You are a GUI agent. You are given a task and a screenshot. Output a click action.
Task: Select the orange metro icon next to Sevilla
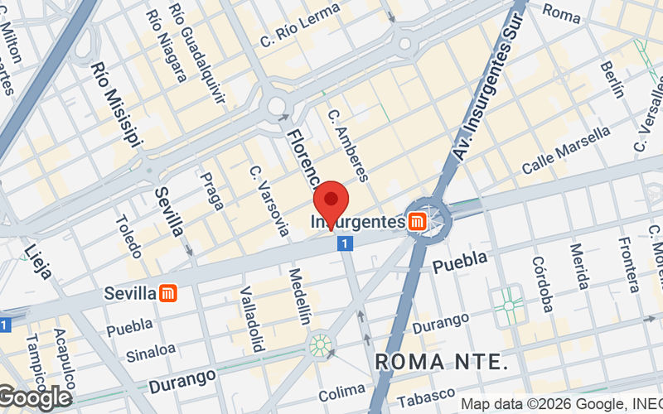(168, 293)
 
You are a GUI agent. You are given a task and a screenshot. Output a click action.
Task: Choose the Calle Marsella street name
(566, 150)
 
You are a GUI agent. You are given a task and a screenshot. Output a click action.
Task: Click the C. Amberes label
(347, 146)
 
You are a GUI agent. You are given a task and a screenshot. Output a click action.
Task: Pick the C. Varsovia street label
(269, 199)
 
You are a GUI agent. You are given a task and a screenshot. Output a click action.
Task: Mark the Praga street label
(212, 190)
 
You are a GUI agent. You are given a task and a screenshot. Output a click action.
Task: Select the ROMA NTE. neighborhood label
(441, 362)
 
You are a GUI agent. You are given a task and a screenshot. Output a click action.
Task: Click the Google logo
(35, 398)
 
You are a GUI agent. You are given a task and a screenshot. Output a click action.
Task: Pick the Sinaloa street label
(151, 352)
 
